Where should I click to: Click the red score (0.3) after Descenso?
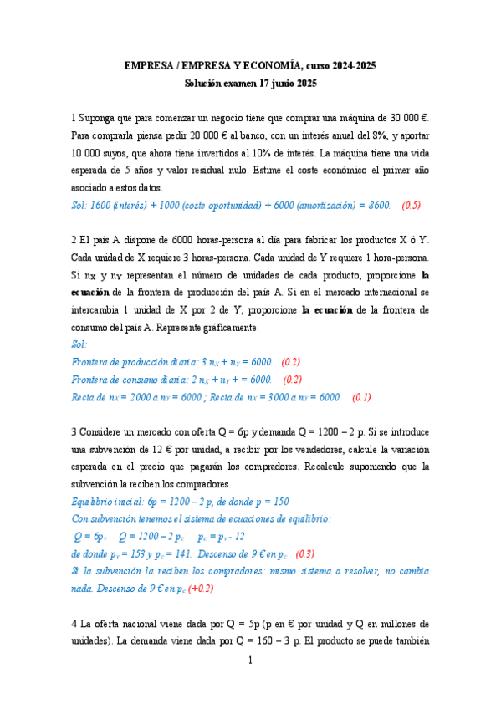[306, 553]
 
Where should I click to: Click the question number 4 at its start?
[74, 623]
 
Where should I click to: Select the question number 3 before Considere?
[74, 431]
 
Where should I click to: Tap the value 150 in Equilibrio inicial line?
[279, 501]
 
